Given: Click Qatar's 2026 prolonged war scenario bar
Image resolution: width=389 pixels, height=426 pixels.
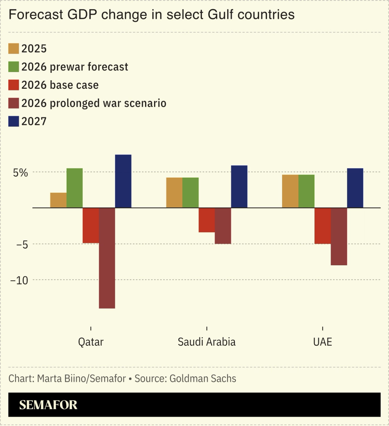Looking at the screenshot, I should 107,258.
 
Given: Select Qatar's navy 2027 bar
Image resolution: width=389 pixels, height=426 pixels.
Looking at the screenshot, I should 123,181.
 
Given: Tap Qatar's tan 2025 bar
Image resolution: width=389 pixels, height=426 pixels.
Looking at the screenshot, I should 58,200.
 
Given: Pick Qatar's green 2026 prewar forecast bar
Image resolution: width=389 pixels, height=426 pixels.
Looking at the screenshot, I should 75,188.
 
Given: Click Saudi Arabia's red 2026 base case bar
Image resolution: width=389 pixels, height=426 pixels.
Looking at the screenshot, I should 207,220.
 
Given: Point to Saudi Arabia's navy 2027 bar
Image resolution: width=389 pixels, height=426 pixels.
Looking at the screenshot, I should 239,187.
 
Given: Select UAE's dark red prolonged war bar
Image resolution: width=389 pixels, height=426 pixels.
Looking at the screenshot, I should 339,236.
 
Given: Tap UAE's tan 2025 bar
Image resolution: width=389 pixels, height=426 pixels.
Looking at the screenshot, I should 290,191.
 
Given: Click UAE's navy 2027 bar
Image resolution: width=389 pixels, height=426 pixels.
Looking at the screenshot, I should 355,188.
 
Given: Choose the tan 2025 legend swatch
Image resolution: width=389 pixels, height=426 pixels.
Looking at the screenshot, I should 14,49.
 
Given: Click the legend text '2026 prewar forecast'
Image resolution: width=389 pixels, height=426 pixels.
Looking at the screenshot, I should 75,67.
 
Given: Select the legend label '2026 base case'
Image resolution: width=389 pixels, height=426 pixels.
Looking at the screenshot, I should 60,85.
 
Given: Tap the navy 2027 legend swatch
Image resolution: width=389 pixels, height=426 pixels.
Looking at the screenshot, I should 14,121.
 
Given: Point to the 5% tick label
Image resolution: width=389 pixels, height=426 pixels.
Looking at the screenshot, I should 21,173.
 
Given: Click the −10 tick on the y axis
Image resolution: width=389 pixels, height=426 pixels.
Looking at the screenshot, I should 19,280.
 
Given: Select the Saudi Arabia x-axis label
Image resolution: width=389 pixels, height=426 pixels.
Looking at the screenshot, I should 207,342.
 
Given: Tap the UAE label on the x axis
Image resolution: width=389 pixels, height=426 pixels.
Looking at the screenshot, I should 322,342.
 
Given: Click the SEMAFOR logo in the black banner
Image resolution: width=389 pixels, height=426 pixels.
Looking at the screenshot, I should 48,405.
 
